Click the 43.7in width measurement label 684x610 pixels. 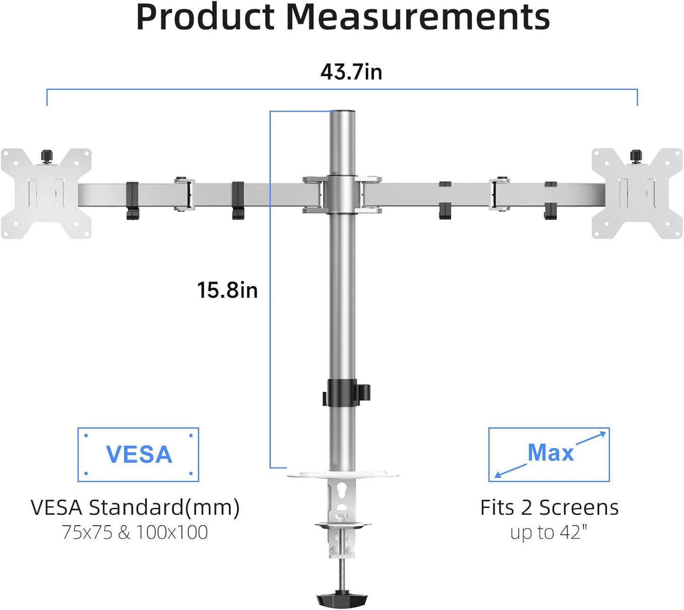coord(351,72)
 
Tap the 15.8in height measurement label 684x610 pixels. coord(227,290)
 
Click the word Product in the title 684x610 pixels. coord(204,18)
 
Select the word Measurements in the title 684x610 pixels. coord(418,18)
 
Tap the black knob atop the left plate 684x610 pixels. coord(46,155)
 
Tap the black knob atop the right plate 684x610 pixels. coord(636,155)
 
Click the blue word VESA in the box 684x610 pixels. coord(139,455)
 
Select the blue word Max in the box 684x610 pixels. coord(550,453)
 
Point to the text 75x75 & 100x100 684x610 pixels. coord(135,532)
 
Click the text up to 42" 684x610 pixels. coord(549,532)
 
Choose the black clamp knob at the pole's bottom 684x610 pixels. coord(342,600)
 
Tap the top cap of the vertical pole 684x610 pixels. coord(343,113)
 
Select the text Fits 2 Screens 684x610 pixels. coord(549,508)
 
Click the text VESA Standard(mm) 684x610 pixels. coord(135,508)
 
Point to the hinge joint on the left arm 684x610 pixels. coord(184,194)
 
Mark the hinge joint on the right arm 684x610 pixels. coord(501,194)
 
